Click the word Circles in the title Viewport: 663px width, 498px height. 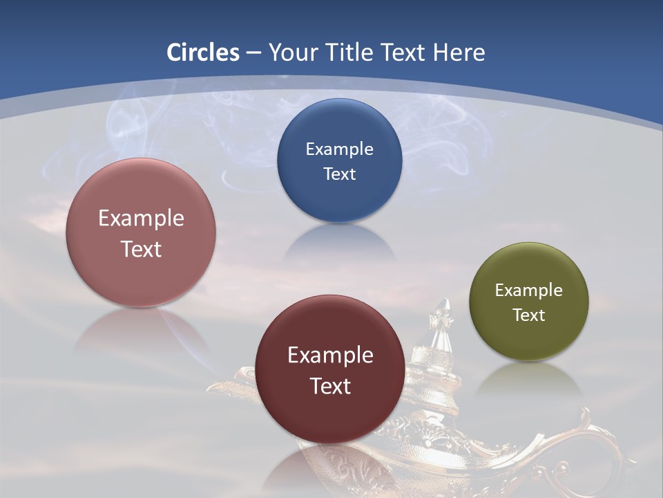[x=202, y=53]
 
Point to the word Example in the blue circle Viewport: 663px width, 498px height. [x=339, y=149]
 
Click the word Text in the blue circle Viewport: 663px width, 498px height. [x=339, y=174]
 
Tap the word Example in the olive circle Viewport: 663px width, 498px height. [x=529, y=290]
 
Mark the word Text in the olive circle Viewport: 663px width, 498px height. [x=529, y=315]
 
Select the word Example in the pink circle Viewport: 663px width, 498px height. [x=141, y=218]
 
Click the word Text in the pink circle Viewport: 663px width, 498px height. [x=141, y=249]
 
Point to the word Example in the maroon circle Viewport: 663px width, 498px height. [x=330, y=355]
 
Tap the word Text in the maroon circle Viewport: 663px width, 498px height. [x=330, y=386]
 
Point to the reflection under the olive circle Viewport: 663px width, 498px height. [x=529, y=380]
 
